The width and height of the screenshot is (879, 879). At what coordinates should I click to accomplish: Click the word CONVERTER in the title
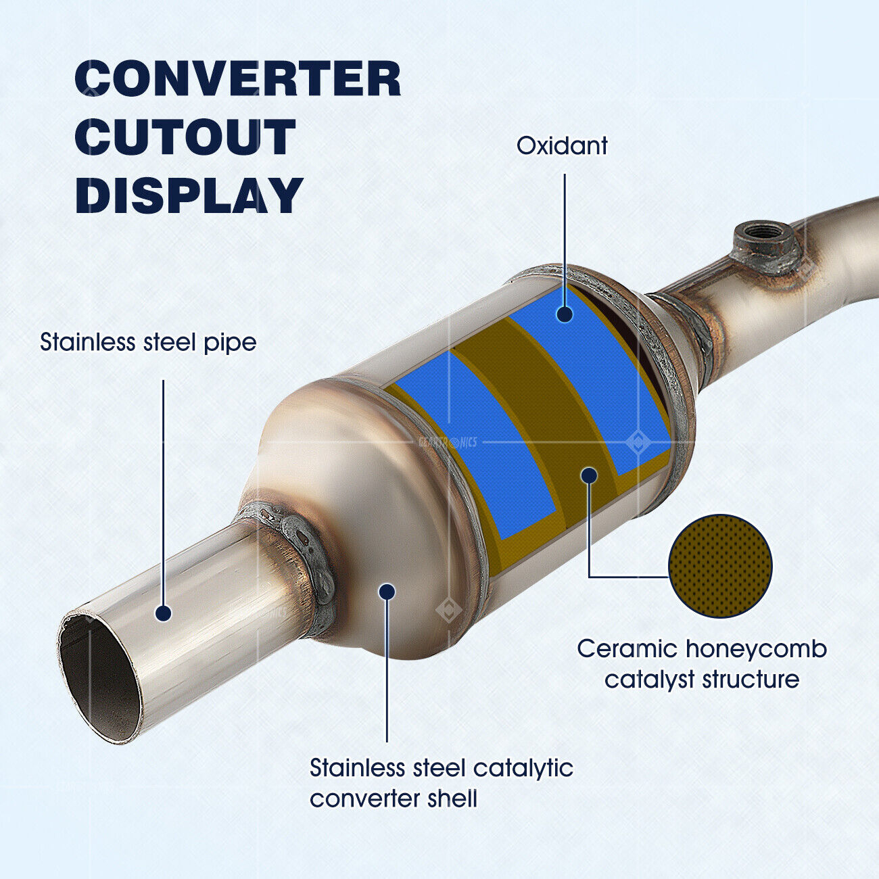[237, 79]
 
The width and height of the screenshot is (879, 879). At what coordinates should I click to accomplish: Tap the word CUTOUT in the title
[185, 137]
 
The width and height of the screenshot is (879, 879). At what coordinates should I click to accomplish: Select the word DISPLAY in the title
[189, 195]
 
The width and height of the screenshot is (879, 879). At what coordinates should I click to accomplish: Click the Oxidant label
[562, 146]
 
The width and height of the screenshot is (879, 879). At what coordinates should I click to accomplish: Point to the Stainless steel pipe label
[148, 342]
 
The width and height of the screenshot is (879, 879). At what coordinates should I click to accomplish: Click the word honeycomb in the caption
[756, 650]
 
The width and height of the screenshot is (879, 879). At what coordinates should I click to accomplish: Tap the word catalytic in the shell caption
[523, 769]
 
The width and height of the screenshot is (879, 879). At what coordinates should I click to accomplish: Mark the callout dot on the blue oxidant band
[564, 314]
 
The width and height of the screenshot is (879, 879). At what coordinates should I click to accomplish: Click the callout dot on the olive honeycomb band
[589, 475]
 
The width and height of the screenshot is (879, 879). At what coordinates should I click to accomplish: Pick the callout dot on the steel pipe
[163, 613]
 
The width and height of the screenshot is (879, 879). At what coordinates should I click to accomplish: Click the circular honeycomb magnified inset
[719, 566]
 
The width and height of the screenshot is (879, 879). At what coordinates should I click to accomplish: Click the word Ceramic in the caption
[627, 650]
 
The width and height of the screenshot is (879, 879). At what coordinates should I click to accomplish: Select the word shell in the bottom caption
[452, 799]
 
